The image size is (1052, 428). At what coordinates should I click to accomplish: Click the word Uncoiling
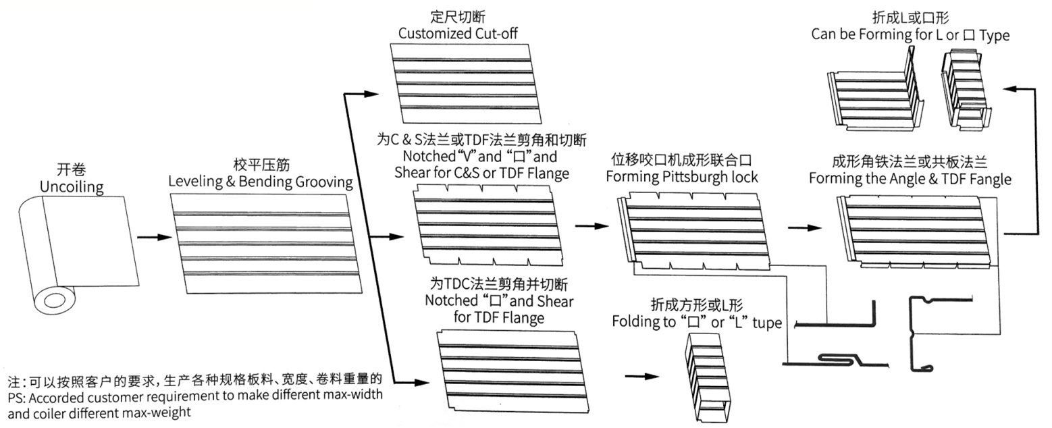tap(72, 187)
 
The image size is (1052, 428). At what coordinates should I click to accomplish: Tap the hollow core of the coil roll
tap(54, 300)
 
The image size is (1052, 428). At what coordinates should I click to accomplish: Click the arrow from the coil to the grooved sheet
tap(155, 237)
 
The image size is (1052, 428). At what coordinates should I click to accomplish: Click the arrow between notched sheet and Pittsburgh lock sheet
tap(591, 226)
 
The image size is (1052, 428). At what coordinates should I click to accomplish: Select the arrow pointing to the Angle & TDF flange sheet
tap(804, 228)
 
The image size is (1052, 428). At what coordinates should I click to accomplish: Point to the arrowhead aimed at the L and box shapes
tap(1011, 88)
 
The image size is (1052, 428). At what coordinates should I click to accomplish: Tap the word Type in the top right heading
tap(995, 36)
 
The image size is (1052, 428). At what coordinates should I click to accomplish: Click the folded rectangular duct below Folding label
tap(707, 378)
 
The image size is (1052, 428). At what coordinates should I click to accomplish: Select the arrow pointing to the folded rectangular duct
tap(642, 376)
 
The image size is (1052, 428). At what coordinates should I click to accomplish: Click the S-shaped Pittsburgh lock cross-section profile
tap(836, 360)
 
